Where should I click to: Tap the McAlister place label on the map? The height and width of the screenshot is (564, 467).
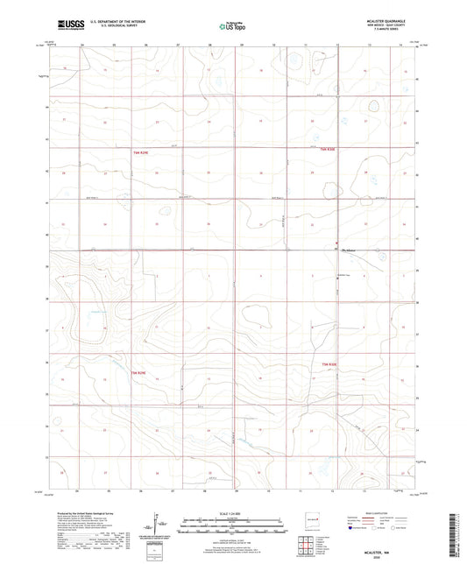[x=350, y=250]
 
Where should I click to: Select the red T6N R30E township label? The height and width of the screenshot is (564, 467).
[x=328, y=150]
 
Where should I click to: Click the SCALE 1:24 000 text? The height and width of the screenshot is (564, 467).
[x=234, y=513]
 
